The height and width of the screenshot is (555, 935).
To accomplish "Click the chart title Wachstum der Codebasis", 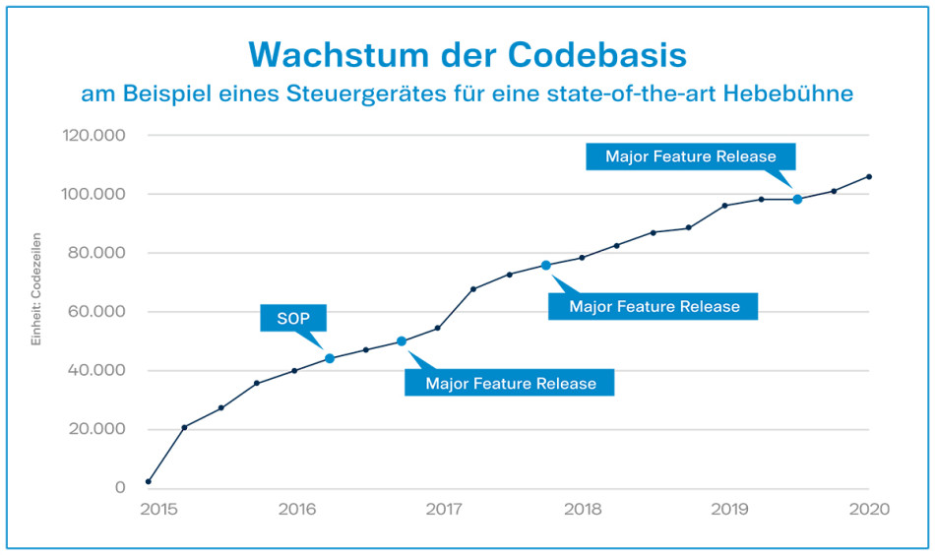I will (467, 55).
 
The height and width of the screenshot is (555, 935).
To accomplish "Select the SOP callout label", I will (292, 318).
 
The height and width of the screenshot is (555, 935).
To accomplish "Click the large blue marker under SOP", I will (330, 358).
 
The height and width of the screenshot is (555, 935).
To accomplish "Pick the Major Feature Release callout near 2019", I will (690, 156).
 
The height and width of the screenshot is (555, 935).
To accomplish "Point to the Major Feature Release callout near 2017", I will (510, 383).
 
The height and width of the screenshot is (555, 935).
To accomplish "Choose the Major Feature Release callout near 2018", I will (654, 306).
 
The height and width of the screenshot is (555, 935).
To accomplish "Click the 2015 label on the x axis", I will (157, 510).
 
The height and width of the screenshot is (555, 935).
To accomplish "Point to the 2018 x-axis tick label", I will (584, 510).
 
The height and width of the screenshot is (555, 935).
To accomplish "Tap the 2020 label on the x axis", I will (869, 510).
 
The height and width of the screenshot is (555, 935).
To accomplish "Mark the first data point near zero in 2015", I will (148, 482).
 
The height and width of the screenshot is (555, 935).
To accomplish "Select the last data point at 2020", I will (869, 177).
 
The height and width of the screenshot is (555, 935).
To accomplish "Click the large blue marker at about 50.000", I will (402, 341).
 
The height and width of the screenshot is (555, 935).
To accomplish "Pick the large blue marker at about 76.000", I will (546, 265).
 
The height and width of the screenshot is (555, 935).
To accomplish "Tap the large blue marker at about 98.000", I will (797, 199).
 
